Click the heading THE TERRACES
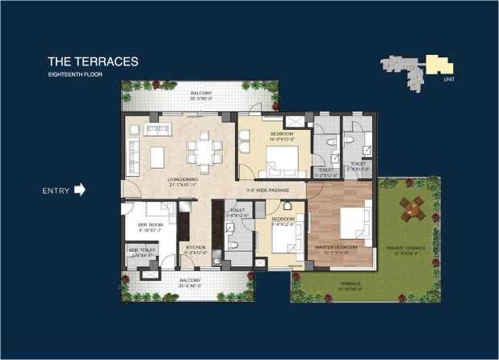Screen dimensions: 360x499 coord(93,61)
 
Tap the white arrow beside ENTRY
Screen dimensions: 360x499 coord(79,190)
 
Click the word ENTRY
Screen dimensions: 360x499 coord(55,191)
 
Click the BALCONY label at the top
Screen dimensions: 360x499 coord(202,94)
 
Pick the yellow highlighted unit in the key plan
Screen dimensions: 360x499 coord(436,64)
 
